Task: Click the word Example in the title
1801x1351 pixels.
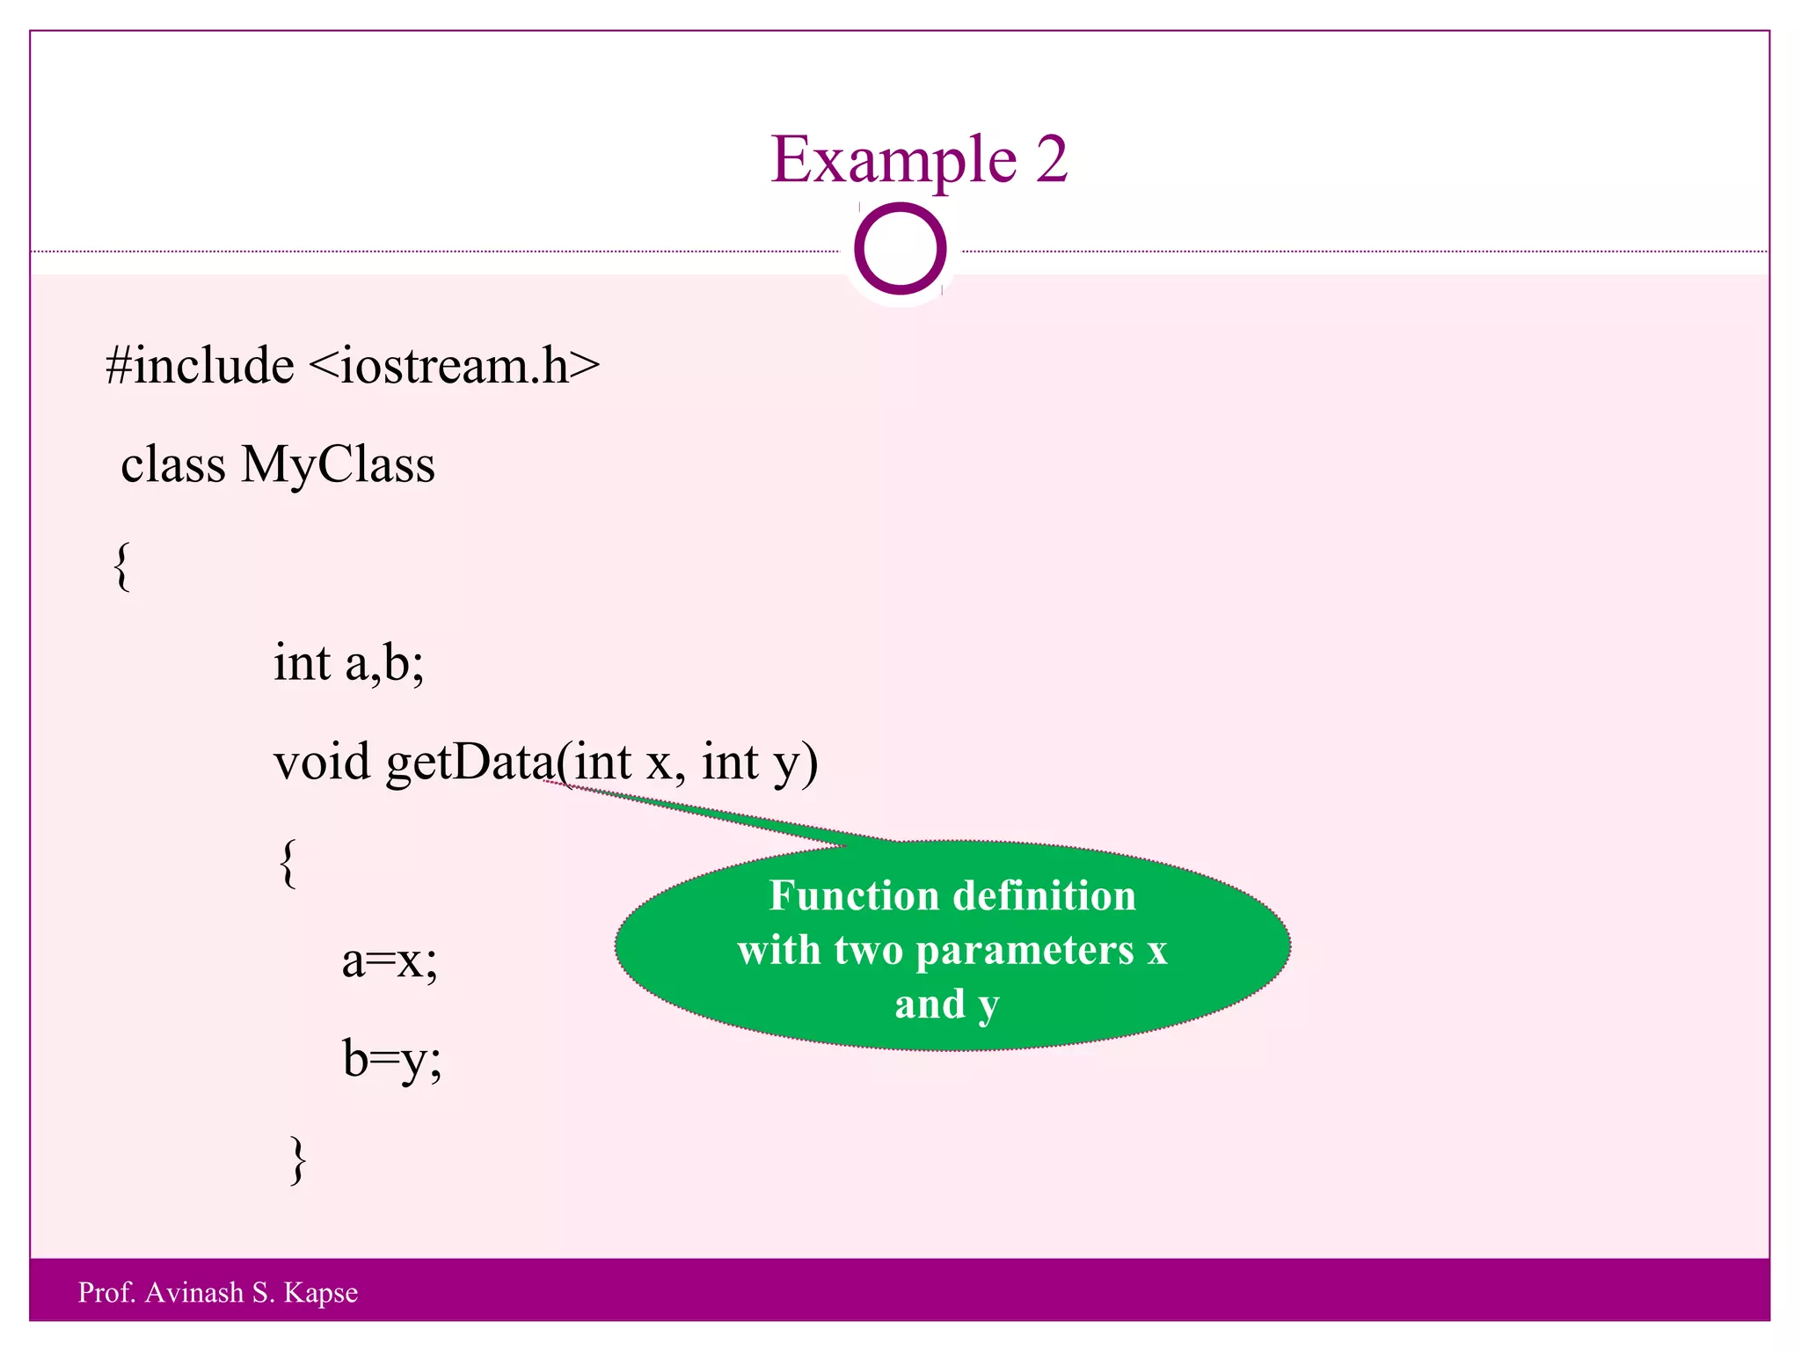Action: tap(893, 160)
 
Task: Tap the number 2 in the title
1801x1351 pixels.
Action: tap(1051, 160)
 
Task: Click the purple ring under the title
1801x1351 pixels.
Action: tap(900, 249)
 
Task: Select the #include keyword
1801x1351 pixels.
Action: tap(200, 365)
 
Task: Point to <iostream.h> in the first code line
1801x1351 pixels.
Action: tap(455, 365)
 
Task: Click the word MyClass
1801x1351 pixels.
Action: tap(338, 464)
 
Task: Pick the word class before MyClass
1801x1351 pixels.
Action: tap(173, 464)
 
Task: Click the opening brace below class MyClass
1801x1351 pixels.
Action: tap(123, 567)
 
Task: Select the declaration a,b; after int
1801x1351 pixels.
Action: tap(384, 663)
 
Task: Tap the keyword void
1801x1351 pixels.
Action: tap(322, 762)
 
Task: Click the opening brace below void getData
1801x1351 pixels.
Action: tap(288, 864)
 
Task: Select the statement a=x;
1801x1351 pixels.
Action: tap(390, 960)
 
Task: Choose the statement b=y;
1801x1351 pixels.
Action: tap(391, 1060)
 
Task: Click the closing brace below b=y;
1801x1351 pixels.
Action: tap(298, 1161)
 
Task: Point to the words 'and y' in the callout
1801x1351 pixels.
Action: tap(947, 1005)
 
